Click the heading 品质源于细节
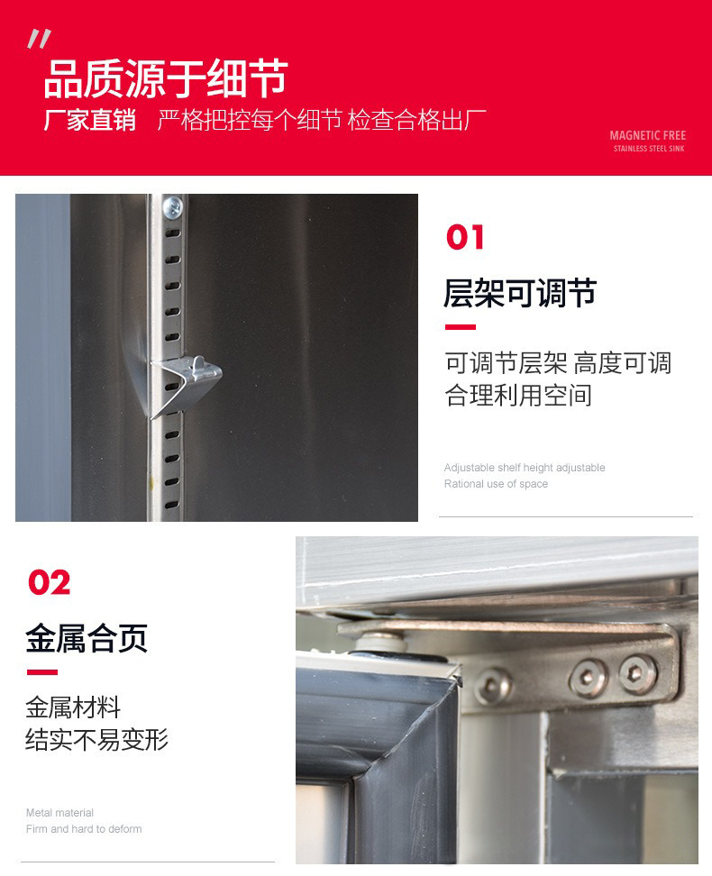coord(166,78)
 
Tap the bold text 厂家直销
coord(89,121)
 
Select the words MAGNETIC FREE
coord(647,136)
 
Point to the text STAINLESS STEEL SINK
coord(648,149)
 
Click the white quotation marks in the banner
coord(39,39)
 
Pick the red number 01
coord(465,238)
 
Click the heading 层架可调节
coord(520,294)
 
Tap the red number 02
coord(49,583)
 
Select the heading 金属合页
coord(87,639)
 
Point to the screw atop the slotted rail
coord(171,207)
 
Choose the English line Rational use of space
coord(496,484)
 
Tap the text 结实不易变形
coord(96,740)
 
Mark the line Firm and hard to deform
coord(84,829)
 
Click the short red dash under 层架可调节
coord(460,327)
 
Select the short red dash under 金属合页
coord(41,672)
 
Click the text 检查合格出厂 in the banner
coord(417,121)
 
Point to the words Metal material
coord(59,813)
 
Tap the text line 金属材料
coord(73,707)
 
